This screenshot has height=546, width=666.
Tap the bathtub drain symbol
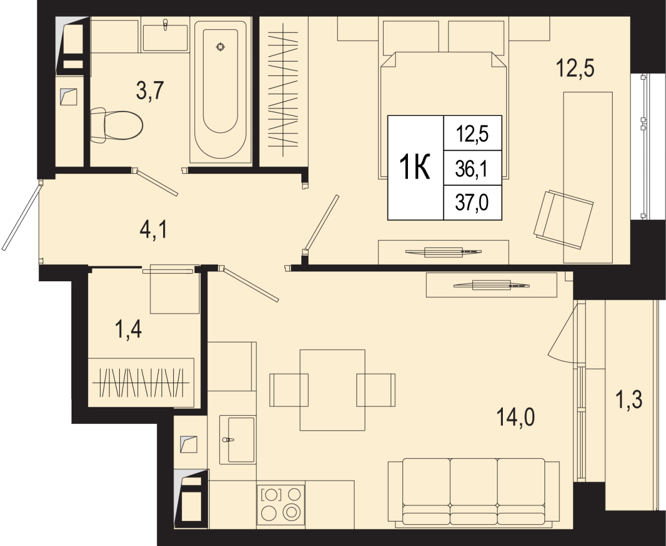[x=220, y=47]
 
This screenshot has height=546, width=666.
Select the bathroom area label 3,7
[x=150, y=90]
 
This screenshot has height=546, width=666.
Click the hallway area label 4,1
[x=154, y=230]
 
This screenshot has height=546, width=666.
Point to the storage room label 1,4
[x=128, y=328]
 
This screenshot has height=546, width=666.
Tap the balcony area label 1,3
[x=629, y=400]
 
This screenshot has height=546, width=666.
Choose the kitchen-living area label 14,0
[x=516, y=417]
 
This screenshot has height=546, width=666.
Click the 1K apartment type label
[x=415, y=168]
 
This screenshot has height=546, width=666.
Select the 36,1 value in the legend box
[x=472, y=169]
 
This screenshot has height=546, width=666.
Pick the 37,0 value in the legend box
[x=472, y=203]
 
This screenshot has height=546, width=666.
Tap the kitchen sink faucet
[x=228, y=440]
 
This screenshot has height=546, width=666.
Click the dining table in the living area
[x=332, y=390]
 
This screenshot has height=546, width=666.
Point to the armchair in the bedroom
[x=563, y=219]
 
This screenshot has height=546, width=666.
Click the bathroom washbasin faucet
[x=165, y=25]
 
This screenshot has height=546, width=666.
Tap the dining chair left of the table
[x=289, y=390]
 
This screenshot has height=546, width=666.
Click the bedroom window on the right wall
[x=644, y=146]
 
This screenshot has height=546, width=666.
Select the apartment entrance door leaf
[x=22, y=218]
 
